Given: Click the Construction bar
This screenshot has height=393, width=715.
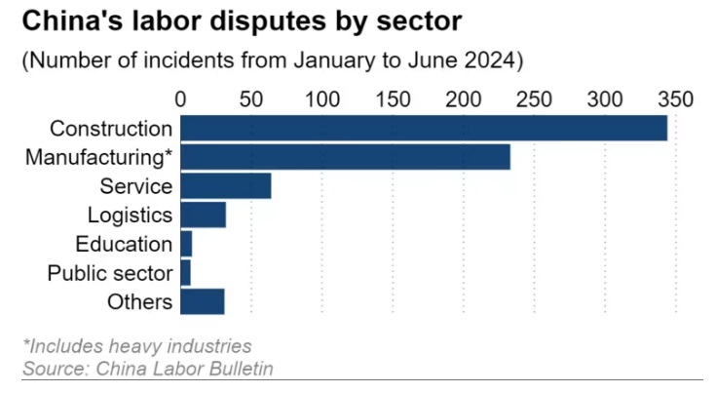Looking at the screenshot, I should pyautogui.click(x=424, y=128).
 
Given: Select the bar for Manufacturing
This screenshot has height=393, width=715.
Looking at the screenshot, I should pyautogui.click(x=346, y=157).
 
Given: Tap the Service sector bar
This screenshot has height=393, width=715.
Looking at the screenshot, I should pyautogui.click(x=226, y=185).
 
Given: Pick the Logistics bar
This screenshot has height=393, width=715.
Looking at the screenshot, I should pyautogui.click(x=204, y=215).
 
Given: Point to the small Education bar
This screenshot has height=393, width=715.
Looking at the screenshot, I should pyautogui.click(x=186, y=244).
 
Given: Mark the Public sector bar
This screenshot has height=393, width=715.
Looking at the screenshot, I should pyautogui.click(x=186, y=273).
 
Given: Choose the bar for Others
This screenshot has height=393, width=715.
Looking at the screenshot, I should pyautogui.click(x=203, y=302).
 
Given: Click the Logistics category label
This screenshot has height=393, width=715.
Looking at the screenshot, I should pyautogui.click(x=130, y=215).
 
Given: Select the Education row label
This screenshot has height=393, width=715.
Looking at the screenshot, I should pyautogui.click(x=124, y=244).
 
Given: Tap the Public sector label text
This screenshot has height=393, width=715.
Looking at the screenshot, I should pyautogui.click(x=110, y=273).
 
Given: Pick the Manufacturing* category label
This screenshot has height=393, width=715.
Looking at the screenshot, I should pyautogui.click(x=99, y=157).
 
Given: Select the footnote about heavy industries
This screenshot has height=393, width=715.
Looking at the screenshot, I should pyautogui.click(x=137, y=346).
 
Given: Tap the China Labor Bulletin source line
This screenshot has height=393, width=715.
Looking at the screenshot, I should pyautogui.click(x=148, y=368).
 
